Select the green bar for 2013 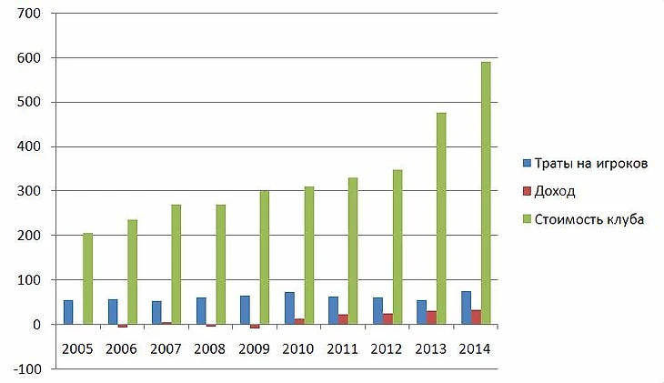pos(441,218)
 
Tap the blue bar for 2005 pos(68,312)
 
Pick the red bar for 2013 pos(430,317)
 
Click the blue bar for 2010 pos(289,308)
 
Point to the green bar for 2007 pos(176,264)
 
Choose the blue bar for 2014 pos(466,307)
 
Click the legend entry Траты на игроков pos(591,164)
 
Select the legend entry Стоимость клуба pos(590,218)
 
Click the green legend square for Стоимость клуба pos(528,218)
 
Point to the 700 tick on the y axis pos(36,14)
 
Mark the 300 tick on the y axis pos(36,191)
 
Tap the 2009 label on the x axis pos(254,348)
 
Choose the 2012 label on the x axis pos(387,348)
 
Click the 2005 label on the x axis pos(77,348)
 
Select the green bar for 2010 pos(308,256)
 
